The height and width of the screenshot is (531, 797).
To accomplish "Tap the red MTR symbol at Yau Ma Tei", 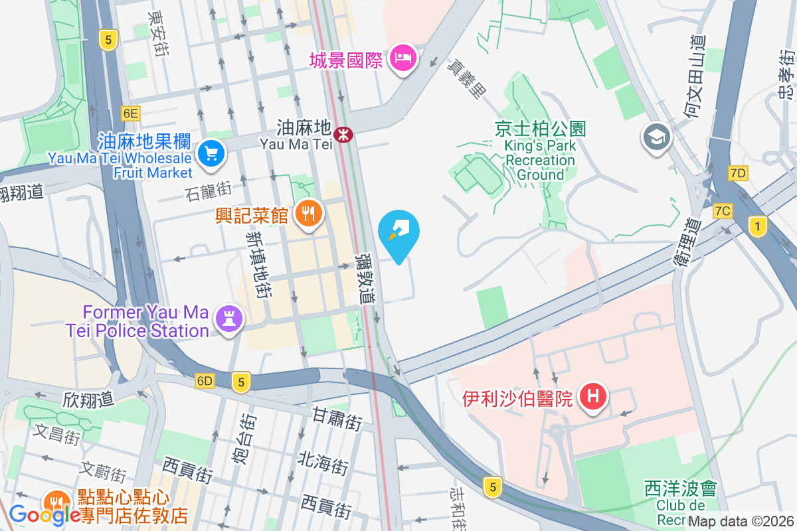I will [x=343, y=134].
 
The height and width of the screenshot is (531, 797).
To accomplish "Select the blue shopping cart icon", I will [x=211, y=154].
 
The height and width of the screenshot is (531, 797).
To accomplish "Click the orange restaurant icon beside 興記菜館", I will [x=306, y=213].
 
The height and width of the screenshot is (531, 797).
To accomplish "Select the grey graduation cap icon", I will [x=657, y=137].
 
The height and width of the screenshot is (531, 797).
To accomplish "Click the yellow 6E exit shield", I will [x=130, y=114].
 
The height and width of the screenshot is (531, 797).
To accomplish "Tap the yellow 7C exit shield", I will [x=723, y=211].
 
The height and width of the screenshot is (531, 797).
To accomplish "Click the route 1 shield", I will [x=756, y=227].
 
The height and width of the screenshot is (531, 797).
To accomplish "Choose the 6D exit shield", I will [x=205, y=381].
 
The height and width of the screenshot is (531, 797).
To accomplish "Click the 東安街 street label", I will [x=159, y=32].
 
